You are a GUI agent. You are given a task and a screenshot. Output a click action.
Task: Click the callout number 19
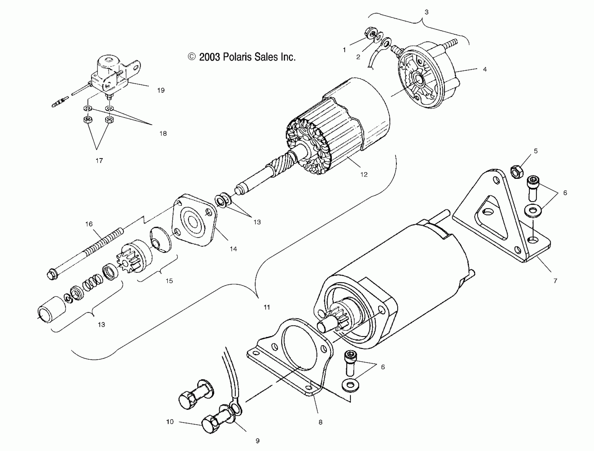coord(161,90)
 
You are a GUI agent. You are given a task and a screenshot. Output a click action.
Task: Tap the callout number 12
coord(364,175)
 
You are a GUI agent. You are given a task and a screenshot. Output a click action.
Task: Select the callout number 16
coord(89,224)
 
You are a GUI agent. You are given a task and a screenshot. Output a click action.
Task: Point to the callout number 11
coord(267,307)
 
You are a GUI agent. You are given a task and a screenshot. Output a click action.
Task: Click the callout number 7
coord(555,281)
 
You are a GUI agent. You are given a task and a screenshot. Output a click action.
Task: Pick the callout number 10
coord(170,422)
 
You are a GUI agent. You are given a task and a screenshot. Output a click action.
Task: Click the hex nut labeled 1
coord(370,33)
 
